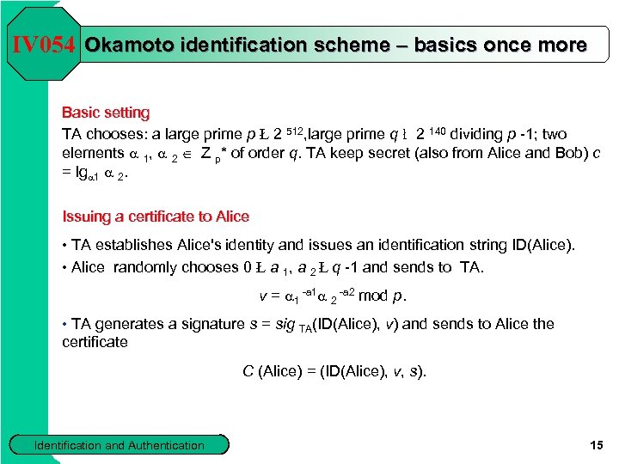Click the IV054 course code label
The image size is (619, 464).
pyautogui.click(x=44, y=44)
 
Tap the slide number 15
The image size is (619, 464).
pyautogui.click(x=598, y=444)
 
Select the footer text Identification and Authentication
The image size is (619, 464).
pyautogui.click(x=120, y=445)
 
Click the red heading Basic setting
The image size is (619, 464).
pyautogui.click(x=105, y=113)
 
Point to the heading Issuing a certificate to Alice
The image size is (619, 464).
pyautogui.click(x=156, y=217)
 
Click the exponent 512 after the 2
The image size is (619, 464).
pyautogui.click(x=294, y=130)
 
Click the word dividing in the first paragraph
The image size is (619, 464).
pyautogui.click(x=478, y=134)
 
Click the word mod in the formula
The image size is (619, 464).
pyautogui.click(x=372, y=296)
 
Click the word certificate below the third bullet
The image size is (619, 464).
pyautogui.click(x=95, y=342)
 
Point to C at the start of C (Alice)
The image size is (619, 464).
pyautogui.click(x=248, y=371)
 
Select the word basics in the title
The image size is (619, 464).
pyautogui.click(x=444, y=44)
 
